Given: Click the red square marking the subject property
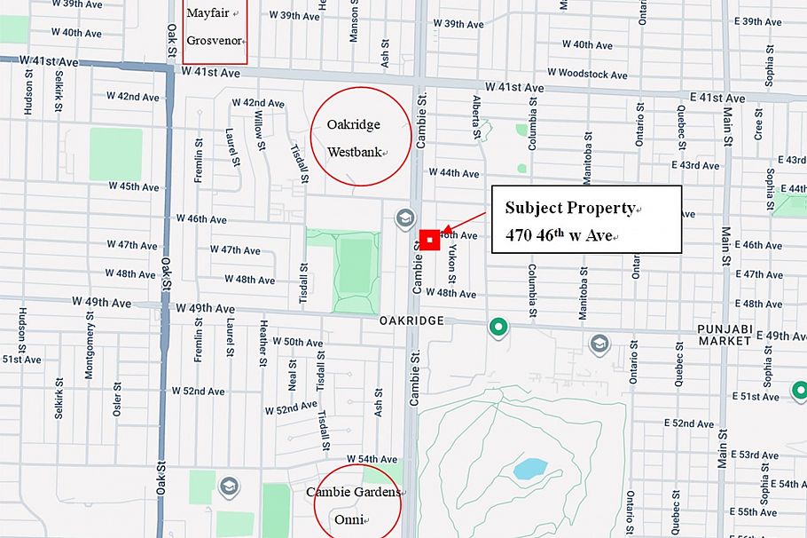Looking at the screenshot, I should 429,240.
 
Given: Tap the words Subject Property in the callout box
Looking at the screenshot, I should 570,209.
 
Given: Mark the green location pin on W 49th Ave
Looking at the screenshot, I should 498,328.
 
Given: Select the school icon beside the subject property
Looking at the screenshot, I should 405,218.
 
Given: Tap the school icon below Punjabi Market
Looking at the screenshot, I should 599,343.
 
